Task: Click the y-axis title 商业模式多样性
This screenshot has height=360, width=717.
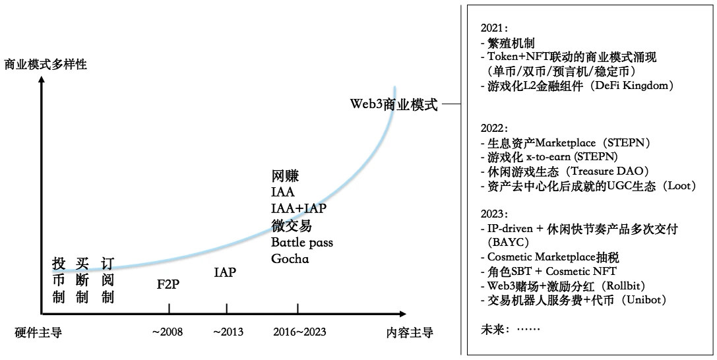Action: tap(46, 65)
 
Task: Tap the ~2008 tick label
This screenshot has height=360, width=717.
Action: tap(168, 332)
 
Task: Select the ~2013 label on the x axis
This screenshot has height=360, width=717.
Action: tap(228, 332)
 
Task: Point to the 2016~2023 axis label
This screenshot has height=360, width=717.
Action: tap(299, 332)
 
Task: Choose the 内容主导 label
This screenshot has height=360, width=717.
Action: tap(410, 332)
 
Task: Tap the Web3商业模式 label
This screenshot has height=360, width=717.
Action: tap(394, 105)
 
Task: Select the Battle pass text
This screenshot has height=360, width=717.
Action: tap(302, 242)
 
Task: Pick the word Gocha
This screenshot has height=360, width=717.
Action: tap(290, 258)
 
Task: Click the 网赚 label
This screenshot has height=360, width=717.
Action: tap(285, 176)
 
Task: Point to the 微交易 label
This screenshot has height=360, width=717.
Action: tap(291, 225)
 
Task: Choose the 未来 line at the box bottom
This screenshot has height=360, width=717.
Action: tap(511, 328)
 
